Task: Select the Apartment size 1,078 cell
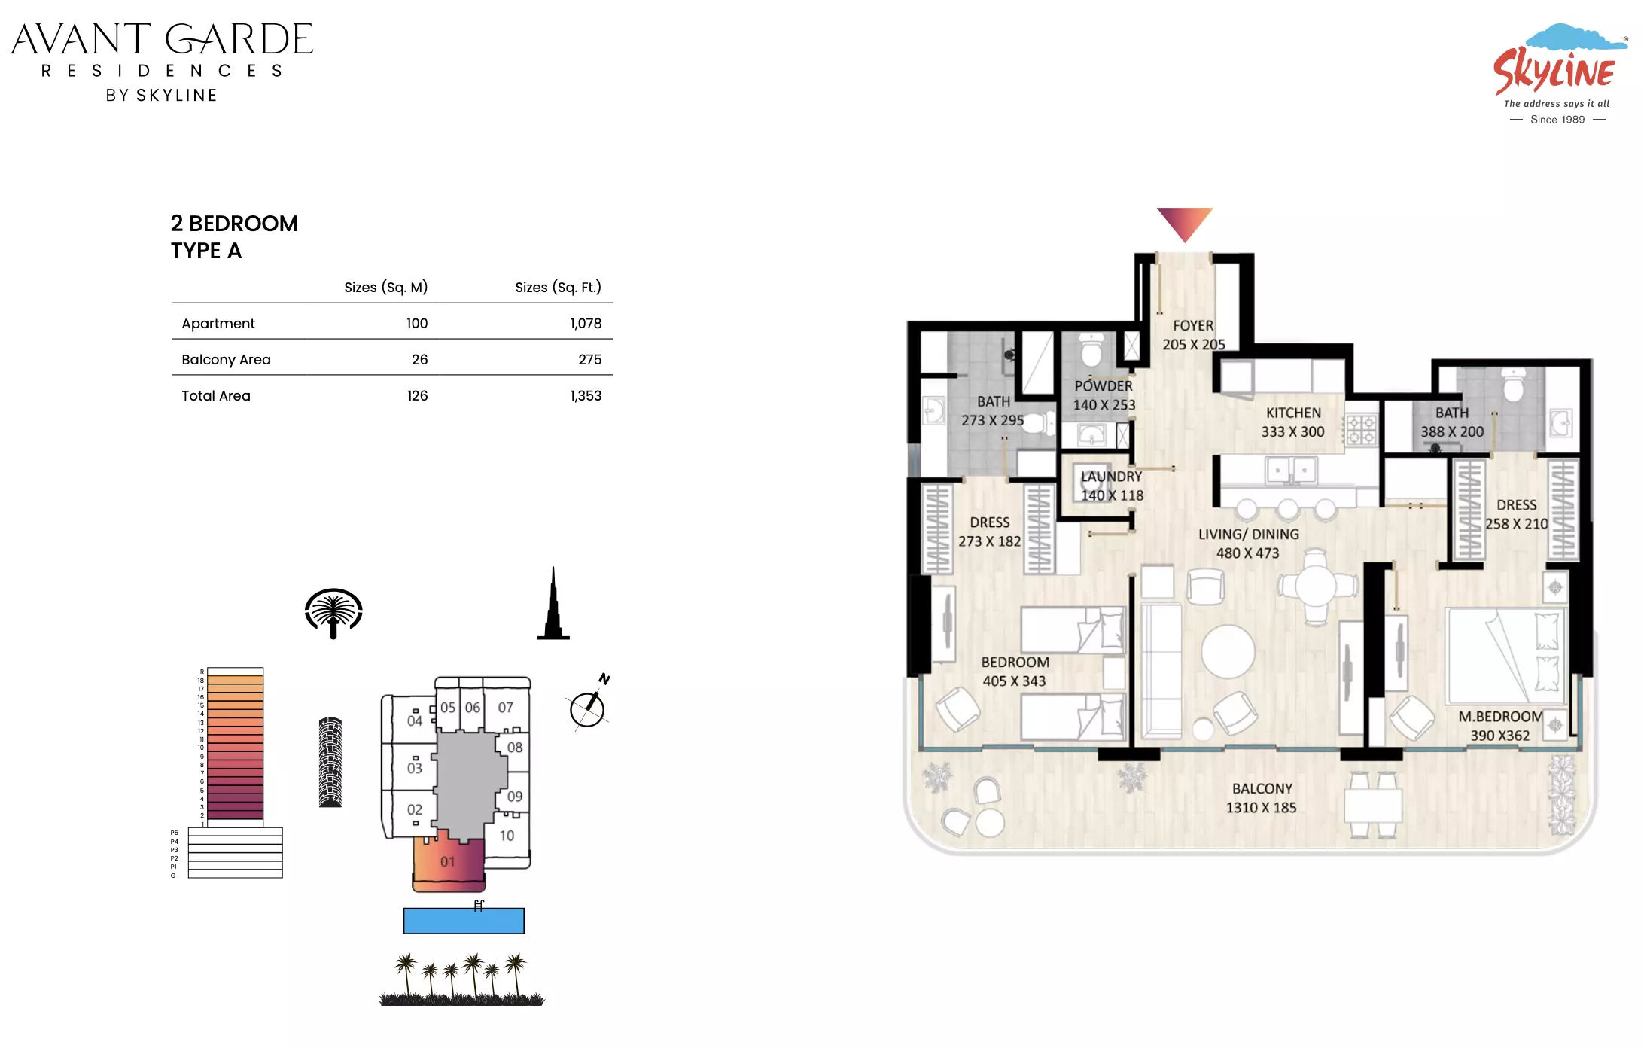[586, 324]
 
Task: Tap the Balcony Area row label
[226, 360]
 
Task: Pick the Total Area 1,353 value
[586, 396]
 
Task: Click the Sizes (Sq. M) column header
[385, 288]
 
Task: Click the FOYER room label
[1193, 326]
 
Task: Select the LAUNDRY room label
[1112, 477]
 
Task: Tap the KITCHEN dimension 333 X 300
[1292, 432]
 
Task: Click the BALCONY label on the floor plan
[1262, 789]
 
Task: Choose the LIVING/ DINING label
[1248, 535]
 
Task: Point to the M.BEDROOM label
[1500, 717]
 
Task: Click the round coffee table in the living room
[1228, 651]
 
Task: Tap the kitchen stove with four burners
[1361, 431]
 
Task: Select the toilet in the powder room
[1091, 349]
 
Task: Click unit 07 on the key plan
[506, 708]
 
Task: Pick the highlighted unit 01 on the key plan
[449, 861]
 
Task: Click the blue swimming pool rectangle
[464, 921]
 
